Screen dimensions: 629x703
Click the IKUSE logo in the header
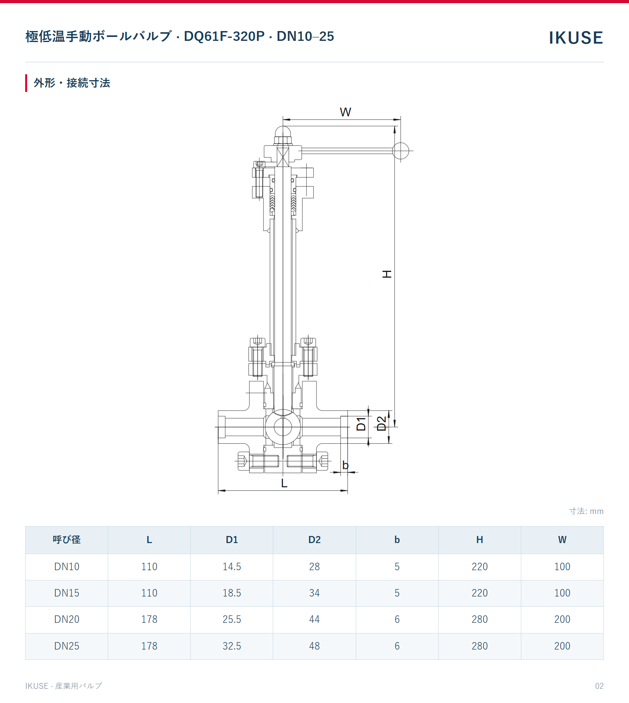pos(576,38)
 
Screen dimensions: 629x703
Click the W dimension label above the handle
pos(346,112)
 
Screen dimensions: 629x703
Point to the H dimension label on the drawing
pos(387,274)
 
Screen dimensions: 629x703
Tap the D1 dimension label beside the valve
pos(361,424)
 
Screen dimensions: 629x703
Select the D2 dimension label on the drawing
pos(381,424)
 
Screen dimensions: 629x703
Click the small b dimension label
pos(345,465)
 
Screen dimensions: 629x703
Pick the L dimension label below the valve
pos(284,483)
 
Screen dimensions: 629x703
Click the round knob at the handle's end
pos(401,151)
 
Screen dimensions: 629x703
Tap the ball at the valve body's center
pos(283,427)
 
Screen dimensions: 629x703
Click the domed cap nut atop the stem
pos(283,136)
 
